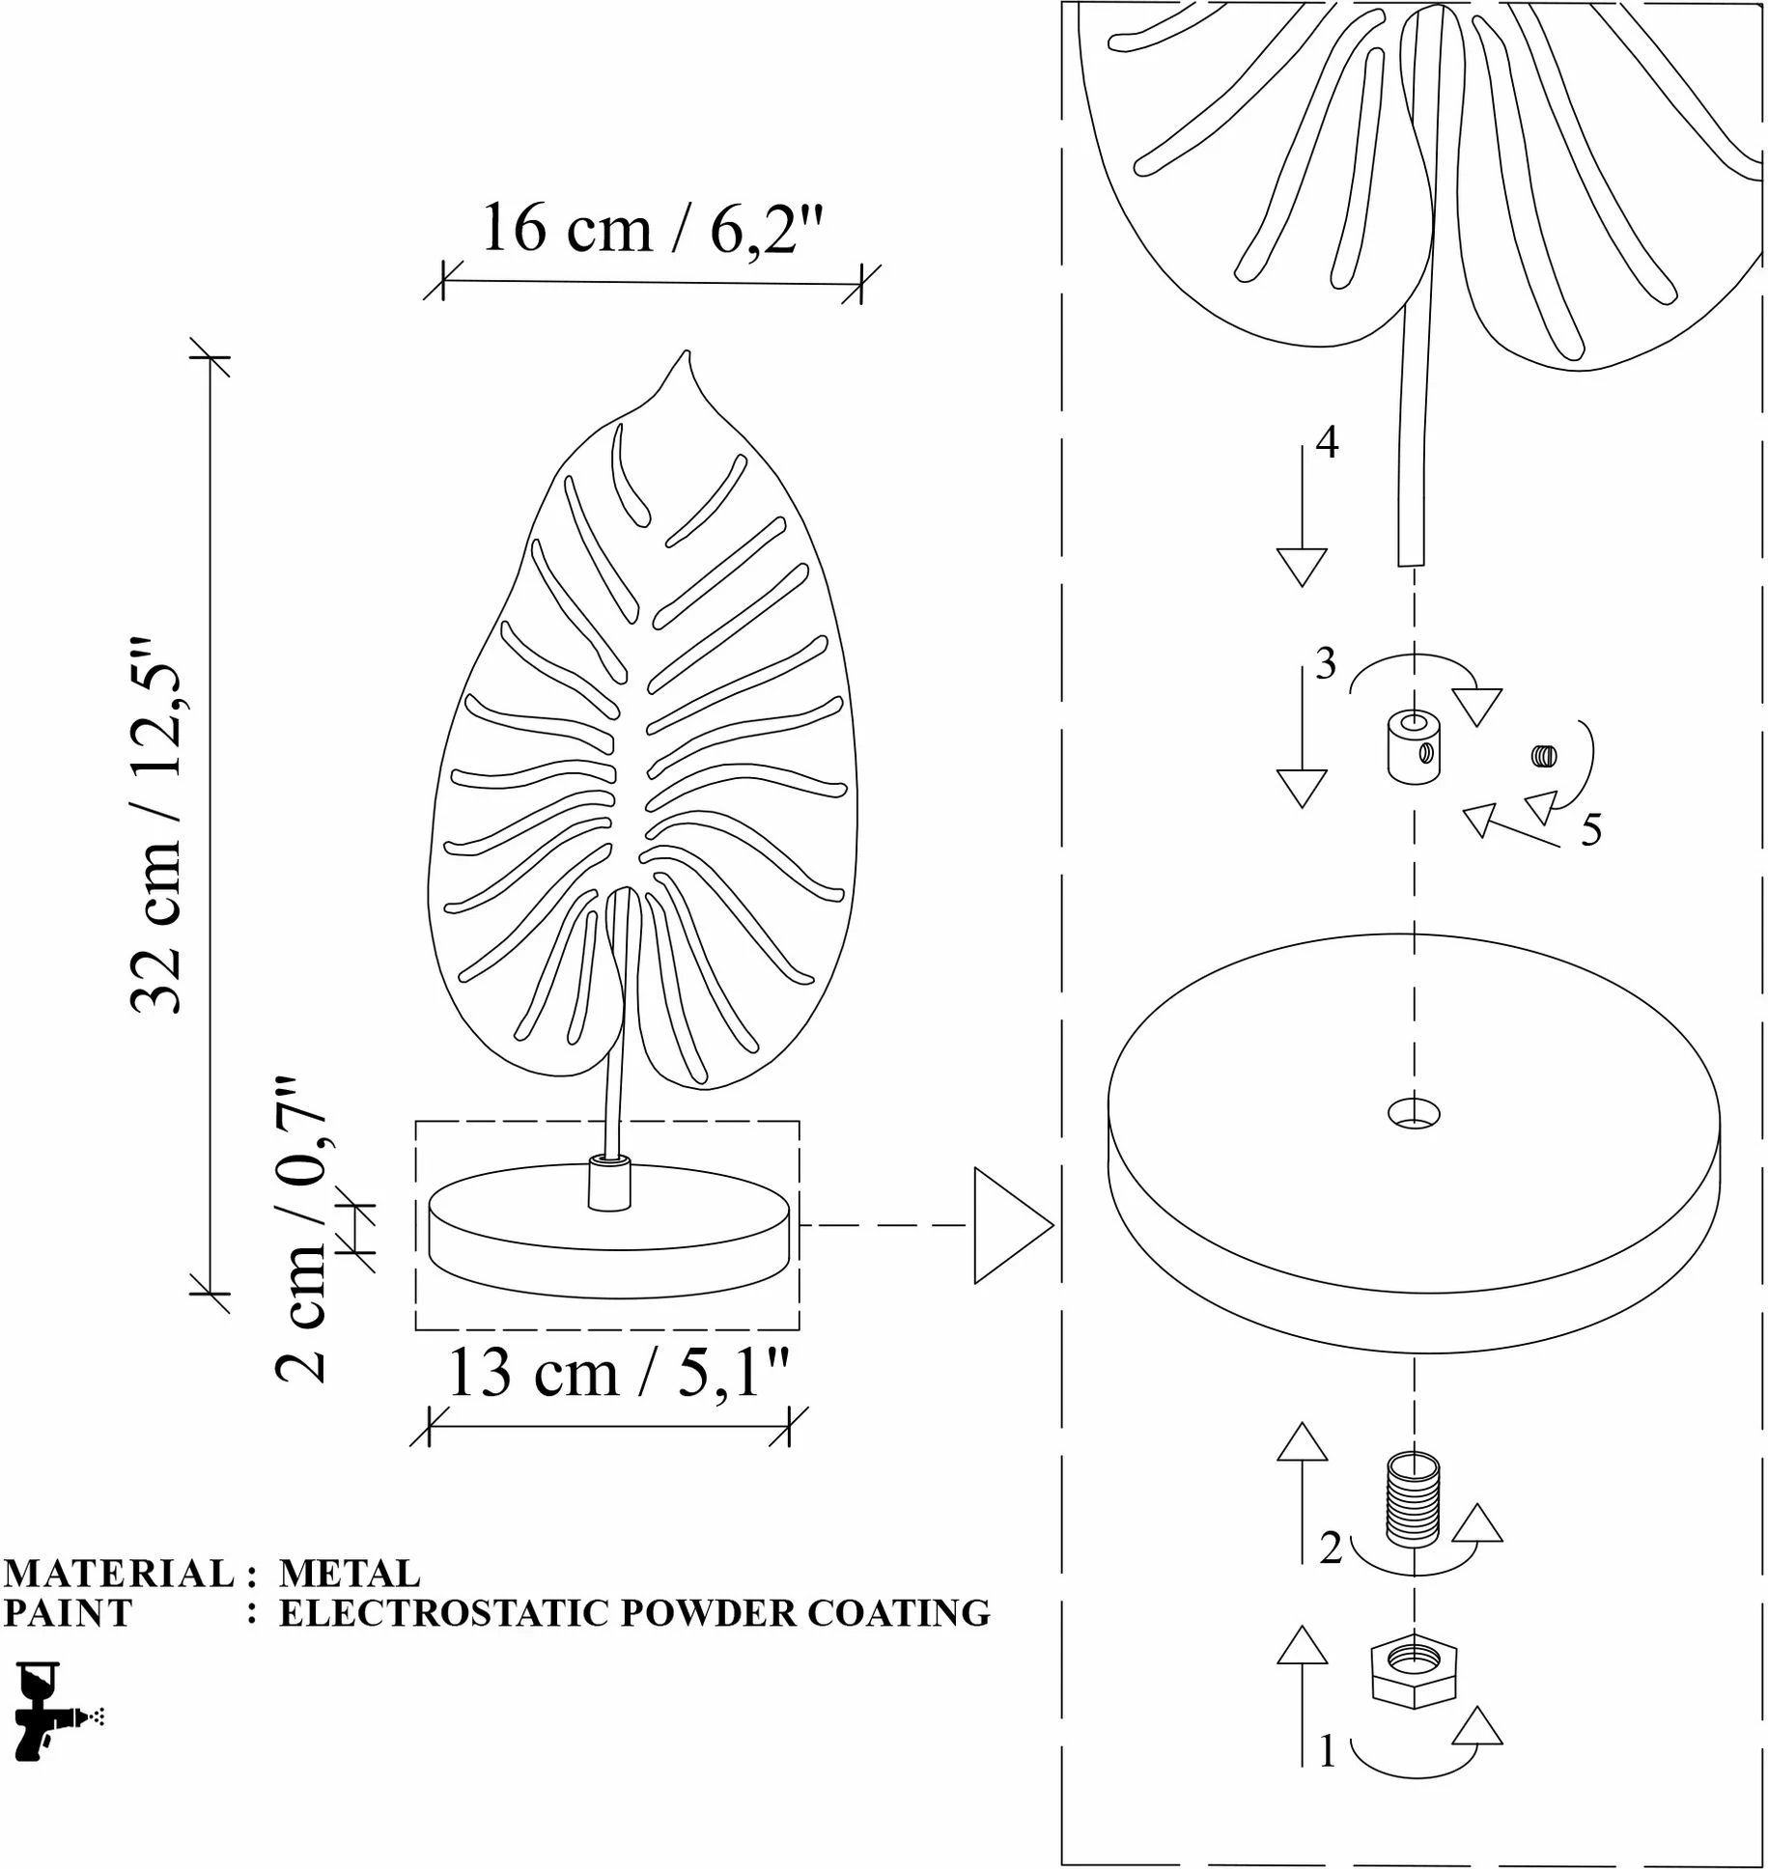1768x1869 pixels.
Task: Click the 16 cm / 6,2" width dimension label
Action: [652, 229]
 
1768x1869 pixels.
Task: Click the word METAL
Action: [350, 1573]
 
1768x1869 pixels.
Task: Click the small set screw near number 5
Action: [1544, 756]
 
